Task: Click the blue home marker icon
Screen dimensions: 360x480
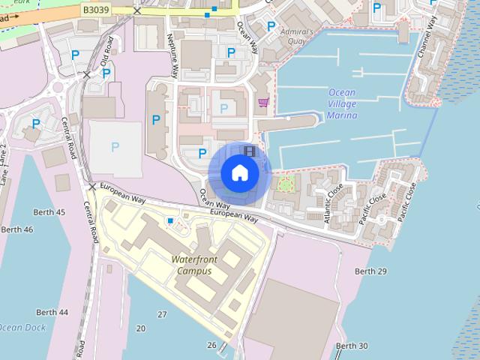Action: point(239,172)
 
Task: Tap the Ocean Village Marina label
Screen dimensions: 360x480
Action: point(342,104)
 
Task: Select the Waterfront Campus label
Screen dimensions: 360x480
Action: point(194,265)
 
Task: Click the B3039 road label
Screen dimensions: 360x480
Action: point(95,10)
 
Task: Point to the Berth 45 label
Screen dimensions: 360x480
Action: point(50,212)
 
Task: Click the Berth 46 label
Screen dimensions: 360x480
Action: point(18,229)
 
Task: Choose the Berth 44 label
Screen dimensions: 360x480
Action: point(52,312)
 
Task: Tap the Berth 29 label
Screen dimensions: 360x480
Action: point(370,271)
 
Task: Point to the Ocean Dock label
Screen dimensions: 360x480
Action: point(22,328)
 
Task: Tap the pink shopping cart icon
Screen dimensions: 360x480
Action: point(262,102)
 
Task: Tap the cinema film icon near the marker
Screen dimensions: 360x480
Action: point(250,151)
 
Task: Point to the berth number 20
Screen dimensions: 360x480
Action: point(141,328)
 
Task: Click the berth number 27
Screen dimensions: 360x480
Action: point(162,313)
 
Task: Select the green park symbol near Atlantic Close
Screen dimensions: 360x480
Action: point(283,183)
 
